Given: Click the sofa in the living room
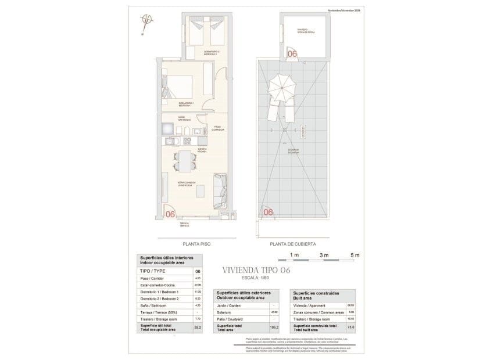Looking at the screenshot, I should click(220, 191).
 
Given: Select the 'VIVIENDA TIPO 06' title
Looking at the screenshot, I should click(256, 271).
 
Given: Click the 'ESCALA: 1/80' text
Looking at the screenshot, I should click(256, 278).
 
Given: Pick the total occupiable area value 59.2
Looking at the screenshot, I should click(198, 328).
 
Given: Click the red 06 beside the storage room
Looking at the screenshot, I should click(292, 53).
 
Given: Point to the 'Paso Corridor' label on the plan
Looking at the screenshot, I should click(217, 128).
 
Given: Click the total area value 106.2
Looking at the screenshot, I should click(273, 328).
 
